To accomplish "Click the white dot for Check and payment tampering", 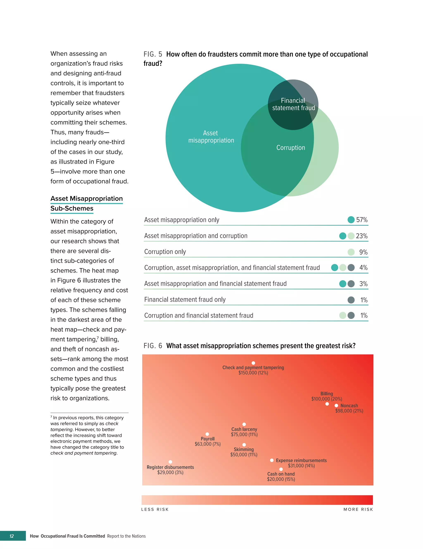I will (x=253, y=363).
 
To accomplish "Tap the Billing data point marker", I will (x=327, y=404).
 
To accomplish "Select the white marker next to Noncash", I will (x=336, y=406).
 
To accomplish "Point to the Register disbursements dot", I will (x=170, y=462).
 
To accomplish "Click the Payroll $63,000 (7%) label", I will (x=208, y=441).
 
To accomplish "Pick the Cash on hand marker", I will (x=281, y=469).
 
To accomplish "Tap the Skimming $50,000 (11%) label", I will (x=244, y=452).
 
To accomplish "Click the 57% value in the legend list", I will (x=362, y=220).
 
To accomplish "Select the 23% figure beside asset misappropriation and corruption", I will (x=362, y=236).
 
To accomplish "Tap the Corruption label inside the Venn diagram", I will (x=290, y=148).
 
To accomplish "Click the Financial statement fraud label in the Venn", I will (x=293, y=104).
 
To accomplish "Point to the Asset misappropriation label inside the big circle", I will (x=211, y=137).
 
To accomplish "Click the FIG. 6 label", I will (x=153, y=346).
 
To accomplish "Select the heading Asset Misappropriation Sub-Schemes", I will (x=86, y=203).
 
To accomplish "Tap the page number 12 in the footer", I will (x=12, y=536).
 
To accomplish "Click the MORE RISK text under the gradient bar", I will (x=358, y=509).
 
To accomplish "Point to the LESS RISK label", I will (x=155, y=509).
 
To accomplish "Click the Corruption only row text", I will (x=165, y=252).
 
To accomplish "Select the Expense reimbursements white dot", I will (x=272, y=460).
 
